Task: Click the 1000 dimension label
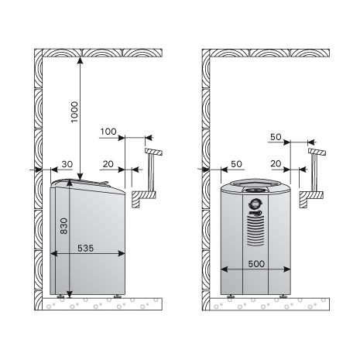[x=74, y=112]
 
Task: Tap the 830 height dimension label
[x=63, y=226]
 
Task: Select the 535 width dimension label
[x=85, y=249]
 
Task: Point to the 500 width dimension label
[x=256, y=264]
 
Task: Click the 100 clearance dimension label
[x=108, y=132]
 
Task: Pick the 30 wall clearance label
[x=67, y=164]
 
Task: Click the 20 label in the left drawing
[x=108, y=164]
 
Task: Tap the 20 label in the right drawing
[x=276, y=163]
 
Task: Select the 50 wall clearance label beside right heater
[x=236, y=164]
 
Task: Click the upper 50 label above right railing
[x=276, y=137]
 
